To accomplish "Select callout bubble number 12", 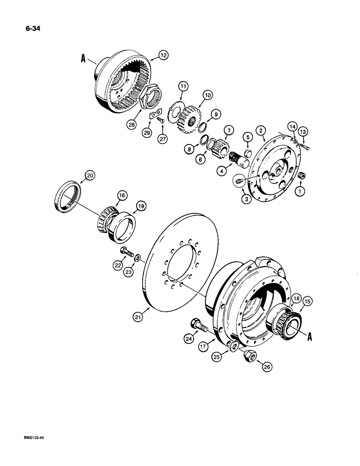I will tap(163, 55).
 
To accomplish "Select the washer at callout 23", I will tap(138, 257).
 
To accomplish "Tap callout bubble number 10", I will tap(207, 95).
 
